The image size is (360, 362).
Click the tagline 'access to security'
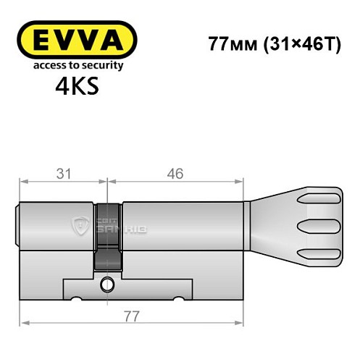click(x=76, y=65)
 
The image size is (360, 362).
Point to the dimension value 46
click(x=175, y=173)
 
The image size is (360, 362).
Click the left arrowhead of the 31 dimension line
click(x=22, y=182)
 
